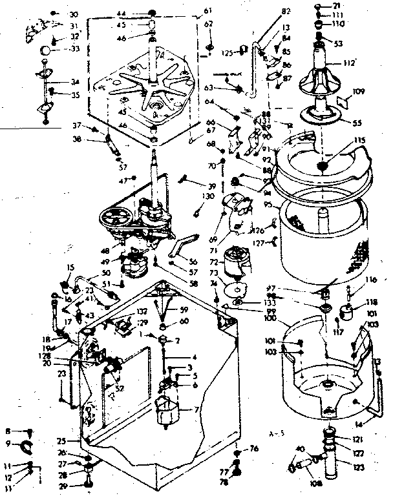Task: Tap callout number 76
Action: [x=254, y=448]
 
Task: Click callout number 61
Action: [x=207, y=11]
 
